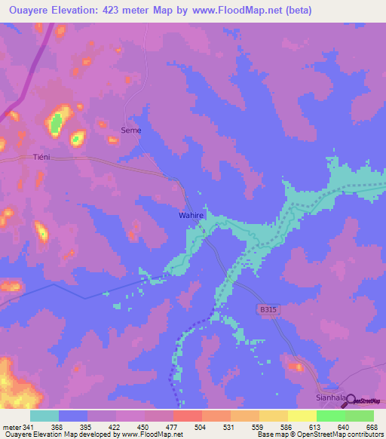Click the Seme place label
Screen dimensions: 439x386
[131, 130]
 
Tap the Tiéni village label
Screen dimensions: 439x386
[41, 157]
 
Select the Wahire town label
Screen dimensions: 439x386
[191, 215]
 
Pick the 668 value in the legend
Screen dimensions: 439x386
[371, 427]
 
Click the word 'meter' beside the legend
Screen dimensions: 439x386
[11, 427]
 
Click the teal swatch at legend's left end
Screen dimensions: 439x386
[44, 416]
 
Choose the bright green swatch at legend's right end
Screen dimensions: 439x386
[360, 416]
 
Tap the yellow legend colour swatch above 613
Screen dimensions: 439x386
[302, 416]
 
